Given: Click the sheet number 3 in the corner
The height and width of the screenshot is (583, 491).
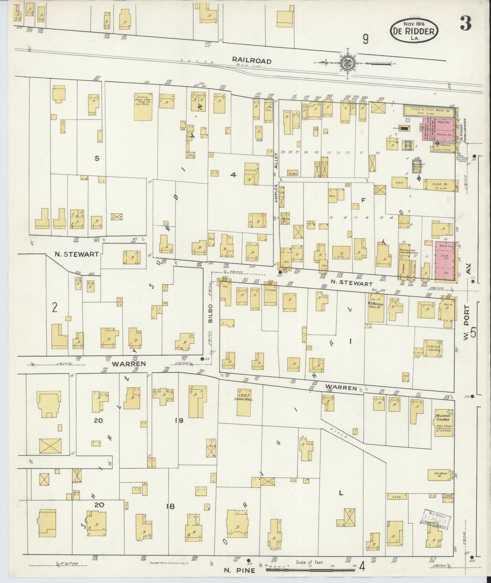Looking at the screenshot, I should tap(465, 24).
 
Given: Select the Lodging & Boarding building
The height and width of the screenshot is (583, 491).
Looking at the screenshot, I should tap(433, 348).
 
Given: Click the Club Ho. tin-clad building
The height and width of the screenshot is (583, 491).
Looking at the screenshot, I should tap(439, 185).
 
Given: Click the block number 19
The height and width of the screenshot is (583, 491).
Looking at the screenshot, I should tap(179, 420).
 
